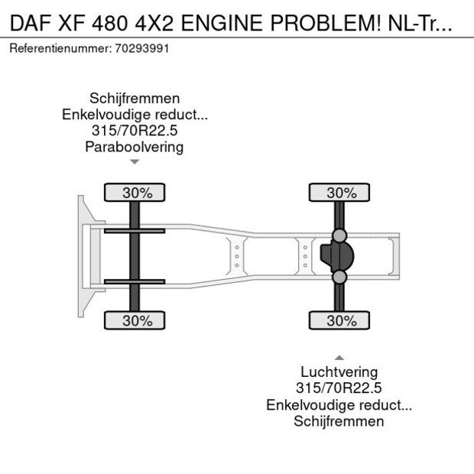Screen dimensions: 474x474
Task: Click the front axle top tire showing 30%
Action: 135,193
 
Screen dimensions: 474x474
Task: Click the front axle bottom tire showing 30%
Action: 135,321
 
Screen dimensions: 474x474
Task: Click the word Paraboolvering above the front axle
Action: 135,147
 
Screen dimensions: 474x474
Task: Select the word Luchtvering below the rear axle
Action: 339,372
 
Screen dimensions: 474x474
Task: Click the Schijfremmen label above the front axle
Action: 135,99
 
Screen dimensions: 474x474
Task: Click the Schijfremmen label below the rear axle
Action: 339,421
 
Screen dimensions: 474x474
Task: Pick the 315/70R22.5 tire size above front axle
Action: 135,131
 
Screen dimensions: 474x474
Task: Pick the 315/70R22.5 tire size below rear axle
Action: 339,388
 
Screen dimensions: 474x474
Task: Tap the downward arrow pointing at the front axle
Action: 135,162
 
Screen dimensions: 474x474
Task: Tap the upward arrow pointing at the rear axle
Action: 339,357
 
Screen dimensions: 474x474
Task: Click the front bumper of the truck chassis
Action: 83,256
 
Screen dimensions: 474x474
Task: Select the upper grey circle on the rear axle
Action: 339,235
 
